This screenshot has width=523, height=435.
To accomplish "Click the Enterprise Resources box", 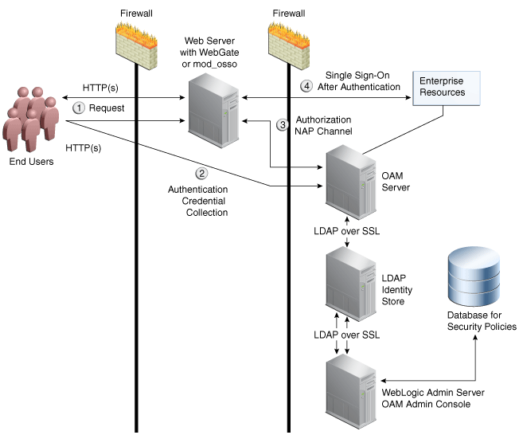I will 443,87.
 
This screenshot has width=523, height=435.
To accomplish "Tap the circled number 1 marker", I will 79,107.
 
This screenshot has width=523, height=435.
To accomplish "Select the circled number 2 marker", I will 202,172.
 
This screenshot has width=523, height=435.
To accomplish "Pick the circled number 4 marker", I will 305,85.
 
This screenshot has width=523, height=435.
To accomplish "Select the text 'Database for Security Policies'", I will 482,321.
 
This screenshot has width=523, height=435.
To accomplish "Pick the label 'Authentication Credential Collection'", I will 197,201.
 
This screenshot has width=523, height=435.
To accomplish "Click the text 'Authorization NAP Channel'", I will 323,125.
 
